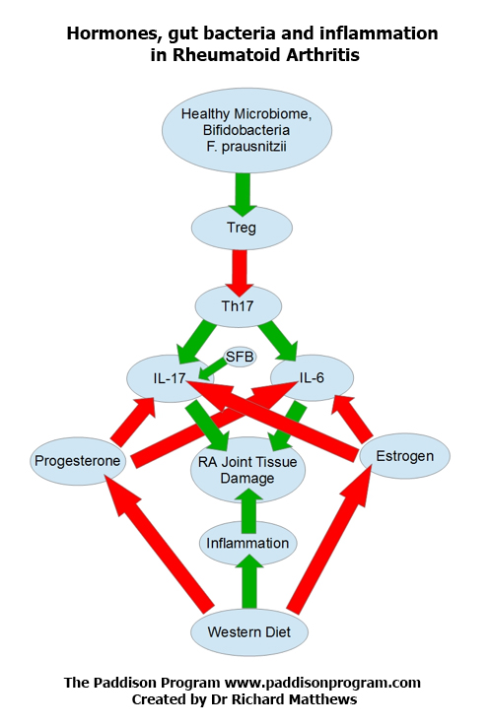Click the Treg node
242,228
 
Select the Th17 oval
238,306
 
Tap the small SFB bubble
240,357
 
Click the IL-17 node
170,378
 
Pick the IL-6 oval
312,378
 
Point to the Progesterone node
78,461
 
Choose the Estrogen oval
405,456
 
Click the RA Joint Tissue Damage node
247,470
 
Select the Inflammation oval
247,543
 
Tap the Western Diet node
249,632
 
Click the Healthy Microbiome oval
246,130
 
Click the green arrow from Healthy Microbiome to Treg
242,194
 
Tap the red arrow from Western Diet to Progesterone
159,544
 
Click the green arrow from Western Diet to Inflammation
248,581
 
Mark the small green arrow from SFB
213,369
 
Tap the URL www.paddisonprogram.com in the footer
322,683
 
